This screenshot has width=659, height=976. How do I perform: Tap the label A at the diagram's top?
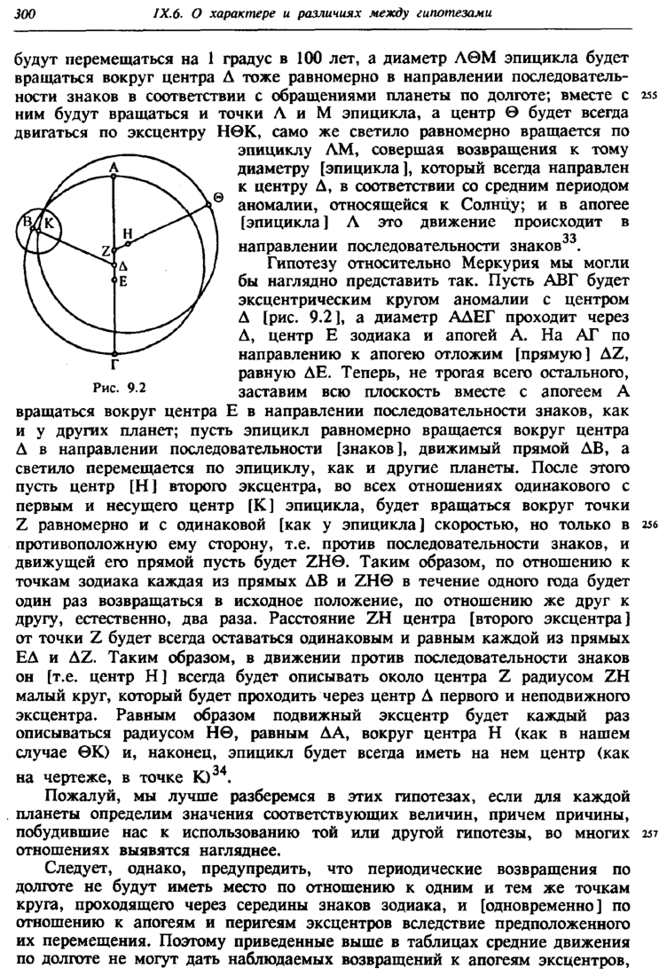114,167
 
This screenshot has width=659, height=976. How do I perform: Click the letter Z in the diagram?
105,253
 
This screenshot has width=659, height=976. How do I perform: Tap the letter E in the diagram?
124,281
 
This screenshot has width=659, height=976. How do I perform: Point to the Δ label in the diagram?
124,264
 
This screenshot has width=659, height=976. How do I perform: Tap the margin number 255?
646,96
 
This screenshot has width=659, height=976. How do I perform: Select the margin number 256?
646,525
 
